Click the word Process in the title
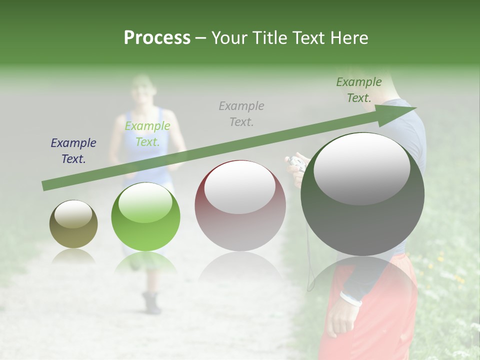click(x=157, y=37)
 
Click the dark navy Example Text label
click(x=73, y=151)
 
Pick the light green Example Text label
click(x=147, y=134)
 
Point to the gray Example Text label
click(x=241, y=113)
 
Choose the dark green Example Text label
click(x=359, y=90)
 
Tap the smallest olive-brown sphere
click(x=73, y=224)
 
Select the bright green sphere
click(x=145, y=216)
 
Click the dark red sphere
click(x=240, y=206)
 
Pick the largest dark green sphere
click(x=362, y=194)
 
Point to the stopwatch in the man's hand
click(x=297, y=163)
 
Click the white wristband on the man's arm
click(x=351, y=299)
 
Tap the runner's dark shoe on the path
click(x=151, y=303)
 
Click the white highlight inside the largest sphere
click(x=361, y=168)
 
